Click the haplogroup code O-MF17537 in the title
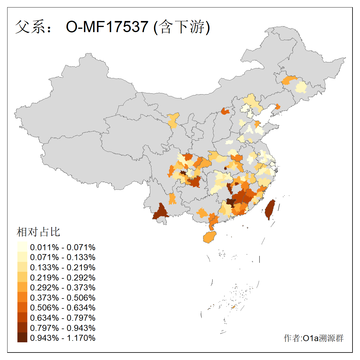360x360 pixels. coord(107,27)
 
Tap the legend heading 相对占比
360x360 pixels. coord(38,232)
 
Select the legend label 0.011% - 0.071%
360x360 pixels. coord(63,247)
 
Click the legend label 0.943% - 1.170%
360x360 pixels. coord(63,338)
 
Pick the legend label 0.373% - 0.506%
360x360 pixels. coord(63,298)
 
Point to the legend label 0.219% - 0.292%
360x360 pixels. coord(63,277)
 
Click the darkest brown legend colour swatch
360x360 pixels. coord(22,338)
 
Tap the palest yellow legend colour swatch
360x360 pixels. coord(22,247)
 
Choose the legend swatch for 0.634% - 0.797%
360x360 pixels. coord(22,318)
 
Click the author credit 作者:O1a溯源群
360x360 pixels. coord(313,338)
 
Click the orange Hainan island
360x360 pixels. coord(210,237)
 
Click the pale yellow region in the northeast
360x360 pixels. coord(301,88)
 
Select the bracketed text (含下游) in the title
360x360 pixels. coord(182,27)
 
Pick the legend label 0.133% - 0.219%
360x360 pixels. coord(63,267)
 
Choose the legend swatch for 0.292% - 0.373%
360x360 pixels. coord(22,287)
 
